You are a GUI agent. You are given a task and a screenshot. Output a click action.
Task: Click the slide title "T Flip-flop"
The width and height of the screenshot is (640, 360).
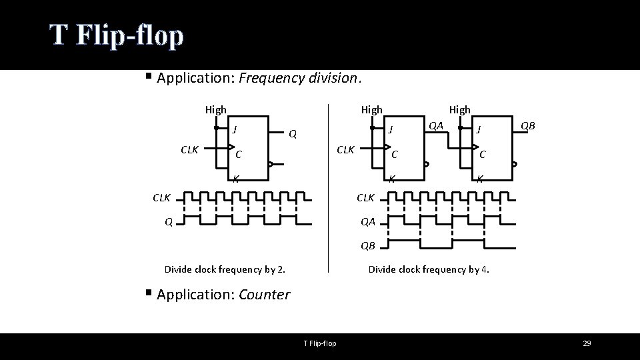pos(116,36)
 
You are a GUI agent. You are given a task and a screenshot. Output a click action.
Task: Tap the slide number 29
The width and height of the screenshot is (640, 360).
pos(587,343)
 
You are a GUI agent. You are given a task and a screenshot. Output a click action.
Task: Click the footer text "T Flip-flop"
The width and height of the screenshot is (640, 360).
pos(320,343)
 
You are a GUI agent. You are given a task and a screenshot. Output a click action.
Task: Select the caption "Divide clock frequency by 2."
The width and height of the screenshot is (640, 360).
pos(225,269)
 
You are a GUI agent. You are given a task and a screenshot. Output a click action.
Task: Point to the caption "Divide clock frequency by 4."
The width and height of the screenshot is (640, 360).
pos(429,269)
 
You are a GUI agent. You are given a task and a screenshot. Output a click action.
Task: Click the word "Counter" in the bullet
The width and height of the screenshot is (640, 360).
pos(264,295)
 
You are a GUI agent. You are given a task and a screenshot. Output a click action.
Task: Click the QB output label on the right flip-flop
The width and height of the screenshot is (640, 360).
pos(527,125)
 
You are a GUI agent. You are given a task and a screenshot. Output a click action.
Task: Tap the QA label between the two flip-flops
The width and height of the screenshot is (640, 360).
pos(436,125)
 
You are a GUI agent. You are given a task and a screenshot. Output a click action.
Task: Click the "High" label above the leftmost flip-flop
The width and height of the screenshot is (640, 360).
pos(215,109)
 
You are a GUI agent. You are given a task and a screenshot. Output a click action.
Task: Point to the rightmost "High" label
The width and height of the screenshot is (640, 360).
pos(459,109)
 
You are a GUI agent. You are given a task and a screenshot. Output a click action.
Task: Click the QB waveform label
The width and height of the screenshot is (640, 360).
pos(368,246)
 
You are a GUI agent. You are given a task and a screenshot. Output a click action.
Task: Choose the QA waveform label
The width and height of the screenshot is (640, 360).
pos(368,222)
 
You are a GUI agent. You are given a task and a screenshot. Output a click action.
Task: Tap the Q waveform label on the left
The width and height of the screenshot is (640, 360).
pos(169,222)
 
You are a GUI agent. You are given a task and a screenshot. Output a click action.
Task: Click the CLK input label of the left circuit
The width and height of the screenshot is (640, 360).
pos(190,149)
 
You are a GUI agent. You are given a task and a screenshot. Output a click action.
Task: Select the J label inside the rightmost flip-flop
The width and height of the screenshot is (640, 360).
pos(479,129)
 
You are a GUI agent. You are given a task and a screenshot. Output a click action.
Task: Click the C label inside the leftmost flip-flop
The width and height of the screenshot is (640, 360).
pos(238,155)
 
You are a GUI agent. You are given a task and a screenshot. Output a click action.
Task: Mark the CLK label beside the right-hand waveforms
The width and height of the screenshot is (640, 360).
pos(366,197)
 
